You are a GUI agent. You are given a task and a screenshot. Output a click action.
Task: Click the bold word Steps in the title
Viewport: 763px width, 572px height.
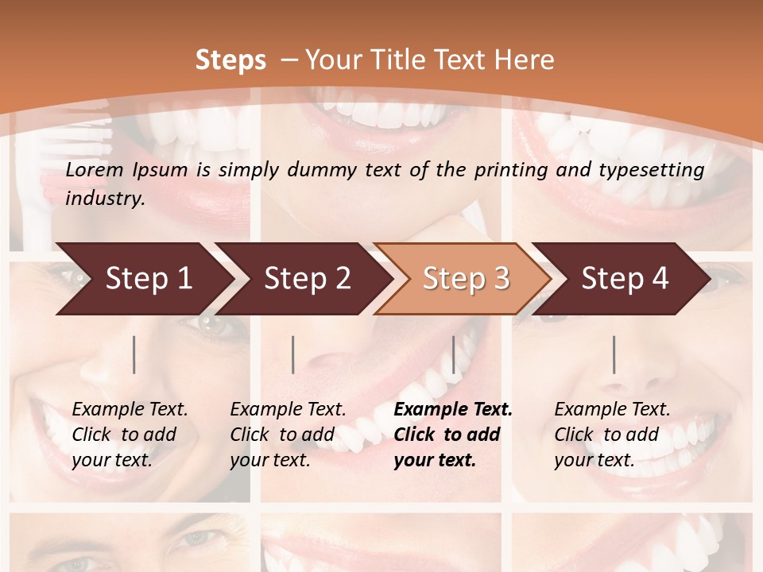click(x=230, y=60)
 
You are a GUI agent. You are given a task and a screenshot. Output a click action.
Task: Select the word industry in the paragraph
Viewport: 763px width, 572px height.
click(x=105, y=199)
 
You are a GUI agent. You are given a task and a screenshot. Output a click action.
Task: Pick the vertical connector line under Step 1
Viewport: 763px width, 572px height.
click(x=134, y=354)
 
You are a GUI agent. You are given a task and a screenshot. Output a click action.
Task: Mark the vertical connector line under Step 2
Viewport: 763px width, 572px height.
click(x=293, y=354)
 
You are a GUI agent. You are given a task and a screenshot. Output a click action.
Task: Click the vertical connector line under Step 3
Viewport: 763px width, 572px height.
click(x=453, y=354)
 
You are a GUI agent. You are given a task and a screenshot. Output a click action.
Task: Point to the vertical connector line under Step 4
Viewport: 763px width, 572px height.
click(x=614, y=354)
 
